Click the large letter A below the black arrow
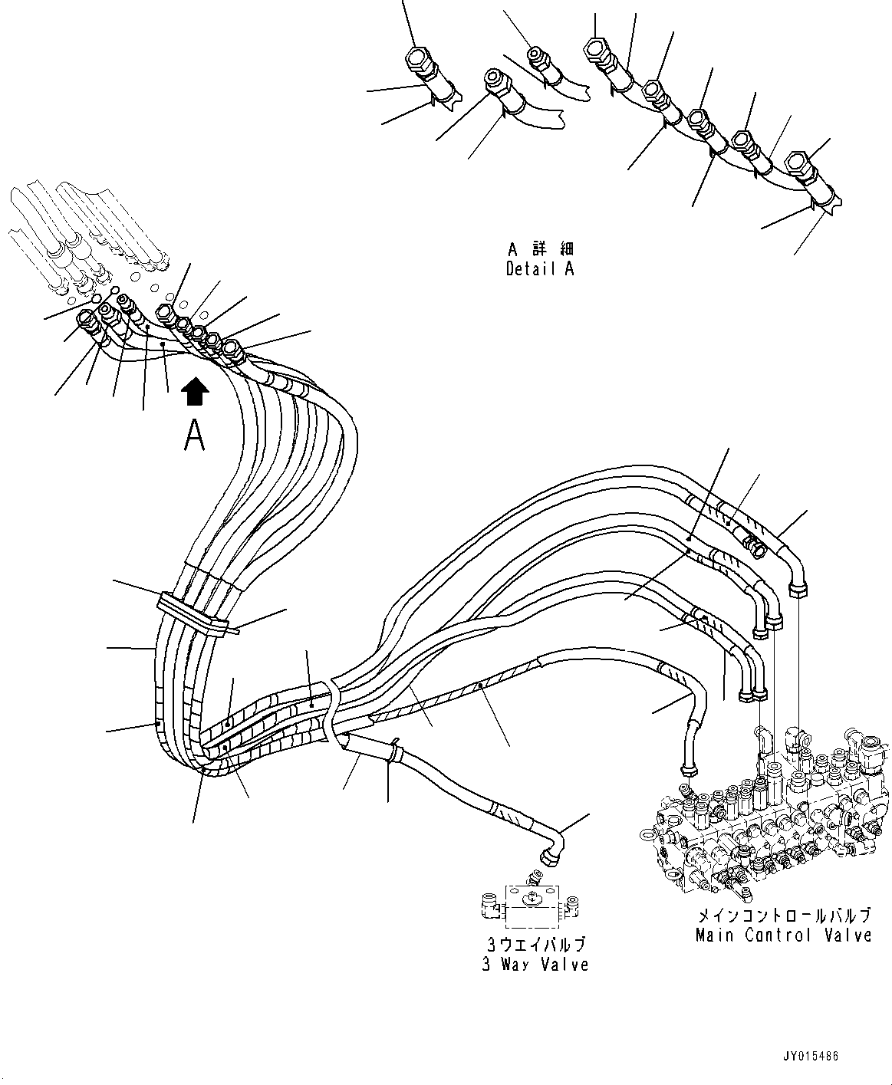195,436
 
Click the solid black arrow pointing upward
195,391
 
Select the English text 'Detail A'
539,269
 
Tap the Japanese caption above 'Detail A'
540,250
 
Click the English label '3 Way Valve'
535,965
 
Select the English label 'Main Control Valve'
783,935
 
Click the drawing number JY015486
811,1057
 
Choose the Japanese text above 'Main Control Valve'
783,916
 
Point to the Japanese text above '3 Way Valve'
535,945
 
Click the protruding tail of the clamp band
230,630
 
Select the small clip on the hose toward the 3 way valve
393,750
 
